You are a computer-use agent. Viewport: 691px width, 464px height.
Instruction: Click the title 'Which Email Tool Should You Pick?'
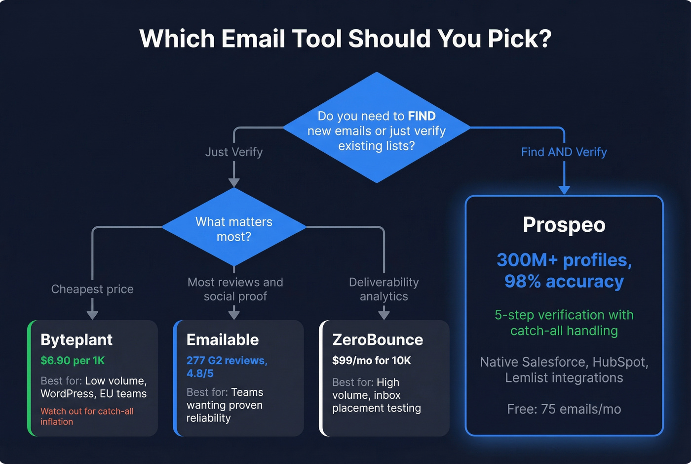click(x=345, y=39)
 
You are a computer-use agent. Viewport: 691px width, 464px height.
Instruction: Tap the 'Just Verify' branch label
click(x=234, y=152)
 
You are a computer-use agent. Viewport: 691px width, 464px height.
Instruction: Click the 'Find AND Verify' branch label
click(x=564, y=152)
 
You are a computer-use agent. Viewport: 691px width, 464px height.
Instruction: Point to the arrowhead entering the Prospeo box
click(x=564, y=190)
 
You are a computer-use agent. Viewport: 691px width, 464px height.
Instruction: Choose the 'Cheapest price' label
click(x=92, y=289)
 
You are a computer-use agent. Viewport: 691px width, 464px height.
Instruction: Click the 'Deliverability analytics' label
click(x=384, y=289)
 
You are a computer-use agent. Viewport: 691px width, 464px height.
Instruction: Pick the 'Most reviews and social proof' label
click(x=235, y=289)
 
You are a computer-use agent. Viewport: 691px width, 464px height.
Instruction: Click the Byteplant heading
click(x=77, y=340)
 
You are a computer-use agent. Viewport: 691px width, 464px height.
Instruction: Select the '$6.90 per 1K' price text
click(x=73, y=361)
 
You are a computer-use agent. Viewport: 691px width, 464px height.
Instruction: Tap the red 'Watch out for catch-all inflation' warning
click(x=87, y=416)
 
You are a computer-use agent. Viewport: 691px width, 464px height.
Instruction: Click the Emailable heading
click(x=223, y=340)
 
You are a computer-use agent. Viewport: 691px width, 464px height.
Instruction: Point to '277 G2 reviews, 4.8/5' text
click(x=227, y=367)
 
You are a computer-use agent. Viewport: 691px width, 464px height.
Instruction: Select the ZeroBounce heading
click(x=378, y=340)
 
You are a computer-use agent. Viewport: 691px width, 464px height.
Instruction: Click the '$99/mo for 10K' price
click(x=371, y=361)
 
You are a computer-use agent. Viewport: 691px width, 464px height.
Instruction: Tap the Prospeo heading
click(x=564, y=225)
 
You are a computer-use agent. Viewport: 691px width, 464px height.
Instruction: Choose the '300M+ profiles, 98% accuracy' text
click(x=564, y=270)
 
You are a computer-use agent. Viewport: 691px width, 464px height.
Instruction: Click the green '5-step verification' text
click(x=564, y=323)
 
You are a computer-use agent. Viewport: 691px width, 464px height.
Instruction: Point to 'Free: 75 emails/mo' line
click(x=564, y=409)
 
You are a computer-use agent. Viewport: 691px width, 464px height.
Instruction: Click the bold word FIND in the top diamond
click(x=422, y=116)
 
